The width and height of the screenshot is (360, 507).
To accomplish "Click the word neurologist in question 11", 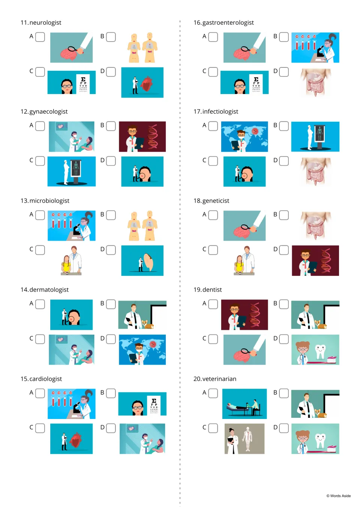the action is tap(45, 22).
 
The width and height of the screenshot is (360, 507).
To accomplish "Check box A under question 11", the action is tap(40, 37).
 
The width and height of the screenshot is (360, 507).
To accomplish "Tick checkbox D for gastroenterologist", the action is tap(284, 72).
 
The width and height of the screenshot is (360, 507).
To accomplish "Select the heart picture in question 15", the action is tap(71, 439).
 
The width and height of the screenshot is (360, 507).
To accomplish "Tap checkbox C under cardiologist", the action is tap(40, 428).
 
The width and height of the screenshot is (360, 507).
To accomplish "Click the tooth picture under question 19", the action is tap(315, 350).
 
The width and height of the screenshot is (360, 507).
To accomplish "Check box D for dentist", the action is tap(284, 339).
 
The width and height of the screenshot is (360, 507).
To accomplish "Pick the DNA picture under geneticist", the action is tap(315, 260).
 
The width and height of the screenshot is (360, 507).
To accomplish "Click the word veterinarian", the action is tap(219, 379).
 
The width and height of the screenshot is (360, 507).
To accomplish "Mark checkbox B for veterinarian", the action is tap(284, 393).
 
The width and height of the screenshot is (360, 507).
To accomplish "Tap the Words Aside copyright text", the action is tap(339, 496).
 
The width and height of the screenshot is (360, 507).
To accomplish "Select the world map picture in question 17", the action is tap(244, 137).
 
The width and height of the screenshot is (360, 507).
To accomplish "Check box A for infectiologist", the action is tap(213, 126).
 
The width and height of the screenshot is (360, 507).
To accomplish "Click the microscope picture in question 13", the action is tap(71, 226).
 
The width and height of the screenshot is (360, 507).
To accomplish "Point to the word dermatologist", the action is tap(49, 290).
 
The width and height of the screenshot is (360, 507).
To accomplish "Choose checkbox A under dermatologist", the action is tap(40, 304).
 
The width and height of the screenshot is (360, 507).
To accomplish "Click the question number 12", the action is tap(24, 112).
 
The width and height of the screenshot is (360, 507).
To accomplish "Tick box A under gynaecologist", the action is tap(40, 126).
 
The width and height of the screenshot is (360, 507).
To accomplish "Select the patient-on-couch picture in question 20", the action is tap(244, 404).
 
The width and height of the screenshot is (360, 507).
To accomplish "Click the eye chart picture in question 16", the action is tap(244, 82).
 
